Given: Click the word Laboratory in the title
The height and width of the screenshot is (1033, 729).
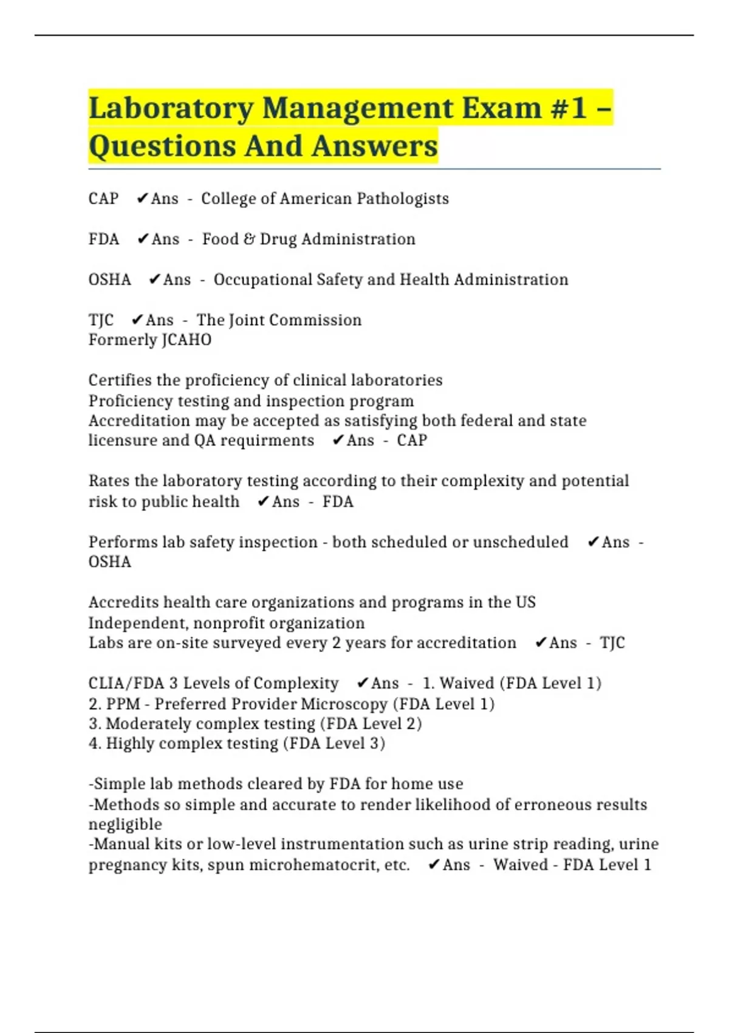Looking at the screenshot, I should coord(171,109).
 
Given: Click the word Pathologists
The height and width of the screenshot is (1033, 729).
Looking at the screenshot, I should coord(403,199).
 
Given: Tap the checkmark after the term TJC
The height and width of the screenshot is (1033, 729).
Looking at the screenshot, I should coord(137,320).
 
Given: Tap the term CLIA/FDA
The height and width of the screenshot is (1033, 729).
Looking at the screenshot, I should coord(126,684).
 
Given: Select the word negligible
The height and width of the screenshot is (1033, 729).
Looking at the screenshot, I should coord(125,825).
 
